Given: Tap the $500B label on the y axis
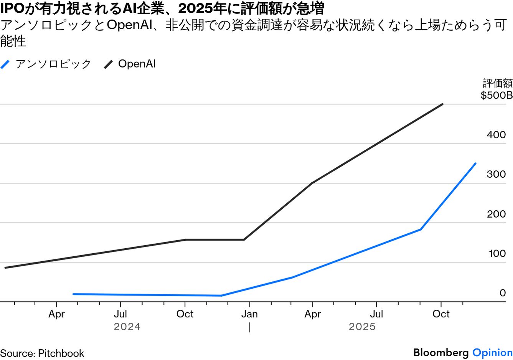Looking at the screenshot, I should coord(497,95).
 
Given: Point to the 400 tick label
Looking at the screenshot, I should coord(496,135).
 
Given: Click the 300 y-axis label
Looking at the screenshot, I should coord(496,174).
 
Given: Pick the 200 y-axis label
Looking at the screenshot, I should coord(496,214).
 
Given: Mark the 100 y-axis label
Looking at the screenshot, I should coord(497,253).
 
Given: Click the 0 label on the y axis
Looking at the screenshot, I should coord(502,293).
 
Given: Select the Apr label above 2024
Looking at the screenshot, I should coord(56,314).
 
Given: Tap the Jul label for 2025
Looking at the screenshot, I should coord(376,314).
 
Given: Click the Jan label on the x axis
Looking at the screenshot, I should coord(249,314).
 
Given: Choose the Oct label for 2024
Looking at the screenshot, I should coord(185,314).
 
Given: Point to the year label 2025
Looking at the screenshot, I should coord(362,327).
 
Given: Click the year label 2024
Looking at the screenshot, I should coord(127,327).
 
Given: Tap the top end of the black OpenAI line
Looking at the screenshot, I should coord(443,104).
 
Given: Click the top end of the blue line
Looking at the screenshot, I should coord(475,163).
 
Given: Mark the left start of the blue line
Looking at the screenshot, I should coord(73,294).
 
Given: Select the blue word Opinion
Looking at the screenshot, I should coord(492,353).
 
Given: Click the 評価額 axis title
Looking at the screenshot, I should coord(497,83).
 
